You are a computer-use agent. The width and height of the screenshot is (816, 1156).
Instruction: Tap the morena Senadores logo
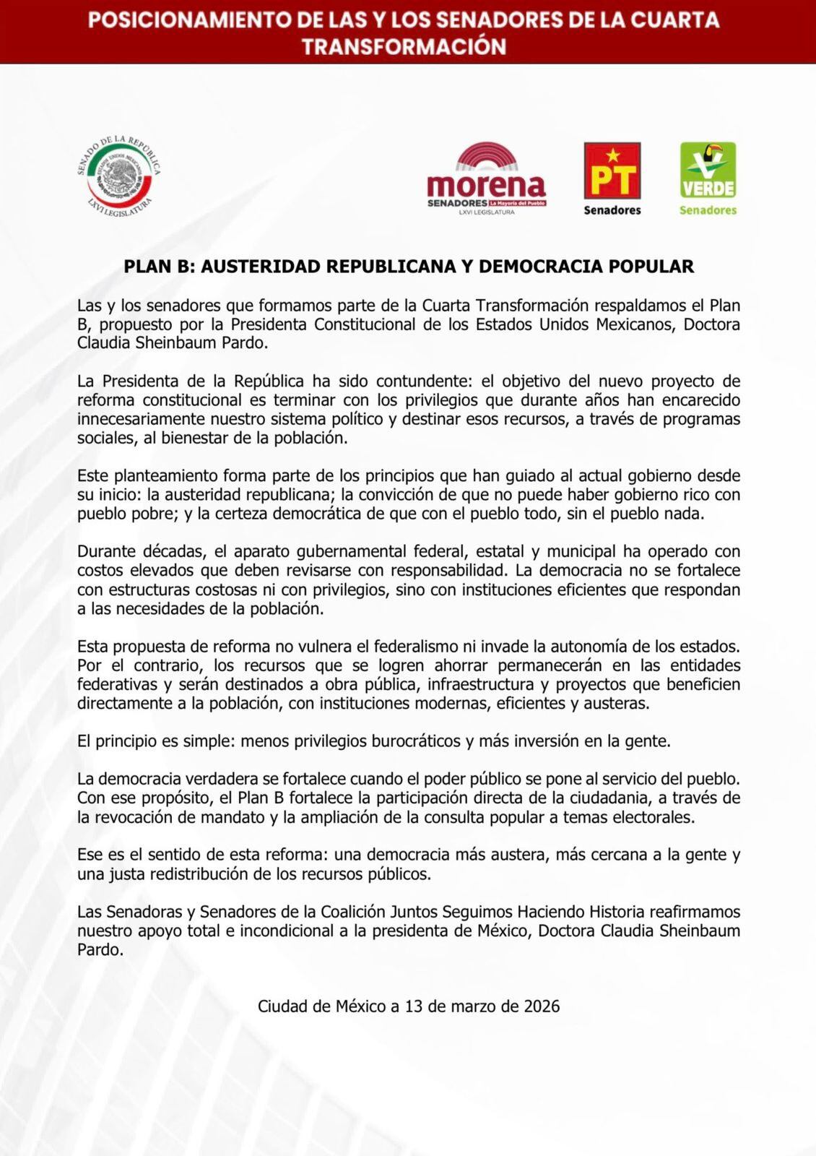[486, 180]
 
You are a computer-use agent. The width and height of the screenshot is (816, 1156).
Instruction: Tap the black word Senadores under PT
[612, 210]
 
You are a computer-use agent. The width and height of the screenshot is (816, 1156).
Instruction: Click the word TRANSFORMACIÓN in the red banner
[404, 47]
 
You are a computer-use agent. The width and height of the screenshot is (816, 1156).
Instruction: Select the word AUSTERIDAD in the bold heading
[260, 267]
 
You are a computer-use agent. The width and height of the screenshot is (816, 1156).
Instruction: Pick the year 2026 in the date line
[542, 1006]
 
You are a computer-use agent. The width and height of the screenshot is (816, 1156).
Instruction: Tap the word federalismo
[422, 647]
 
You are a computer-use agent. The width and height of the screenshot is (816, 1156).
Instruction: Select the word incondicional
[291, 931]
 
